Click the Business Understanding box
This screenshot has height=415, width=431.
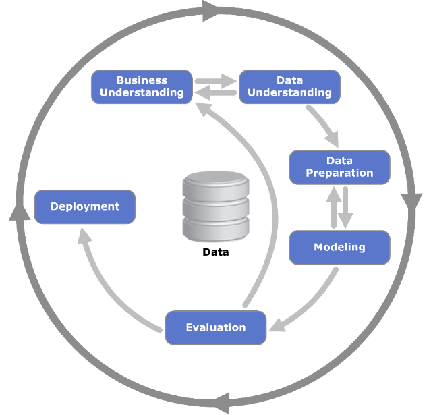click(x=142, y=86)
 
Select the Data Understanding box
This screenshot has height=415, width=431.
click(x=289, y=86)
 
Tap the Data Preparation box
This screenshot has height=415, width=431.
click(x=339, y=167)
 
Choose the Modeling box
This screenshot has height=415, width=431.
click(x=339, y=247)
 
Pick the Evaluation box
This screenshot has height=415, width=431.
click(x=216, y=327)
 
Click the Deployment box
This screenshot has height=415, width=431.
click(x=85, y=206)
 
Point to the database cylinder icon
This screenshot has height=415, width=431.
click(x=216, y=206)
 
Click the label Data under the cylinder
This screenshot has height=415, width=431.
click(x=216, y=253)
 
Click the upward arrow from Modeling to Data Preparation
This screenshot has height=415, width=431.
click(x=333, y=206)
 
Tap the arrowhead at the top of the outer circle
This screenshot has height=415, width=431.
click(x=210, y=10)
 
